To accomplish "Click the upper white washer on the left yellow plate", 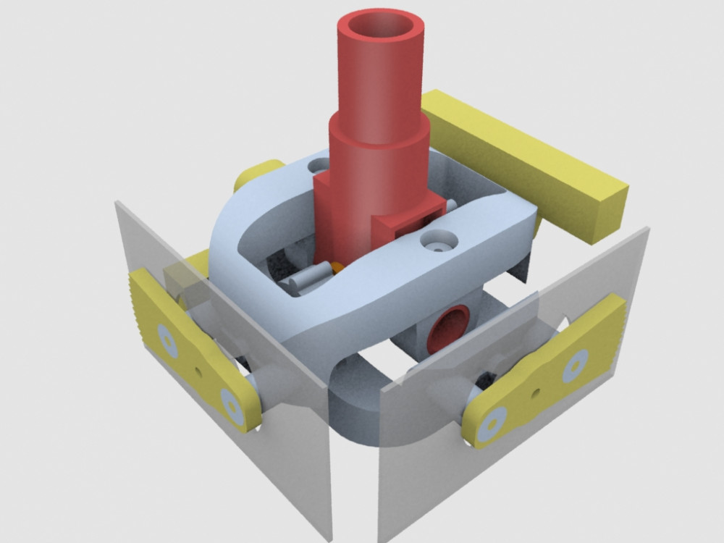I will (x=168, y=341).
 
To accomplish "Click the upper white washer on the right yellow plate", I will (x=575, y=366).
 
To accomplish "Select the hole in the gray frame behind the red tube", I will (x=319, y=166).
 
